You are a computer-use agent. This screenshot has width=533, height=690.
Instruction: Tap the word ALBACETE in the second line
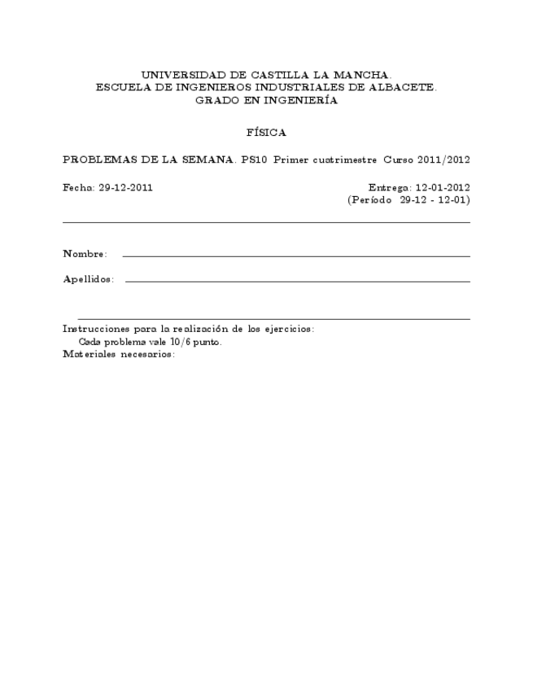pos(402,88)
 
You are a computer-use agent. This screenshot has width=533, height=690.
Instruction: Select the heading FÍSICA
pos(266,132)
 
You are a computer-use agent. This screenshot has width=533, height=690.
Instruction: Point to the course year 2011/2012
pos(443,159)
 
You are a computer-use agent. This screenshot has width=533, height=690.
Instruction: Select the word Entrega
pos(387,187)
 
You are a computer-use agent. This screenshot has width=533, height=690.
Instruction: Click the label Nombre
pos(85,255)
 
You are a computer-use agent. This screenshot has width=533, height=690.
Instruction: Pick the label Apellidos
pos(88,280)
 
